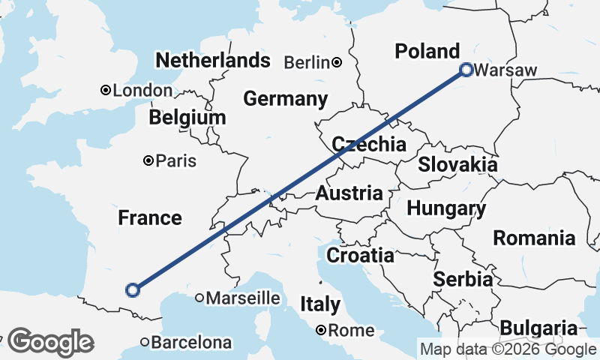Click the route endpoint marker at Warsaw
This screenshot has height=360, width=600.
point(466,70)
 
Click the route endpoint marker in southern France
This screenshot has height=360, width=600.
point(133,289)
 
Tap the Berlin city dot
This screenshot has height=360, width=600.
point(337,62)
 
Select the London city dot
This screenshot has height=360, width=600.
point(106,91)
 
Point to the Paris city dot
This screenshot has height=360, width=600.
point(148,160)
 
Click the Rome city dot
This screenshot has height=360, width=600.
point(321,330)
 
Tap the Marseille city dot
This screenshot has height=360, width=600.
point(199,298)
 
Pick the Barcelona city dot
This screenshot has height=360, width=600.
point(145,342)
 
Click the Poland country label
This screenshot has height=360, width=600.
point(427,51)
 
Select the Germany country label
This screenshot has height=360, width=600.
point(285,99)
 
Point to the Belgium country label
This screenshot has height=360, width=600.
point(187,118)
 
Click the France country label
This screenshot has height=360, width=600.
point(150,218)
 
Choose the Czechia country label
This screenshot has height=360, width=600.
point(369,144)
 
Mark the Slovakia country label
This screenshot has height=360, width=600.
point(457,164)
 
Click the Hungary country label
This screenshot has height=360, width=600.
point(447,208)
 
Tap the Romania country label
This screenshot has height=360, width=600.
point(534,238)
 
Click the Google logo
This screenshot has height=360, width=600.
point(50,342)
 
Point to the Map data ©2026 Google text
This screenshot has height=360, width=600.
point(508,349)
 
